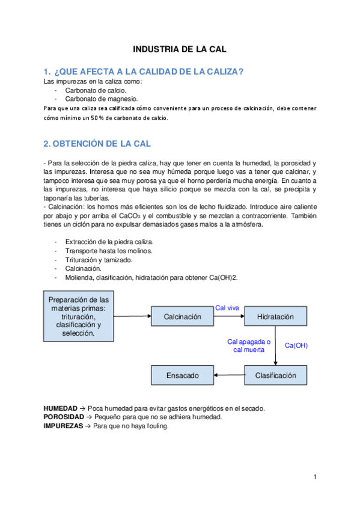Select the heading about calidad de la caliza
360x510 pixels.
[144, 72]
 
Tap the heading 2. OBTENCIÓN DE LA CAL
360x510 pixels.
[97, 144]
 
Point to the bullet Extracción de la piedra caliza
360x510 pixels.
[105, 242]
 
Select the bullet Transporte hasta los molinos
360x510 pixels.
[109, 251]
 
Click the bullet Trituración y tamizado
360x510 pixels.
[99, 260]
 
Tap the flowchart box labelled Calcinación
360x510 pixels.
[182, 316]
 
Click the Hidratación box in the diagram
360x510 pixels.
[275, 316]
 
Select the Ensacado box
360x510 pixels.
[182, 375]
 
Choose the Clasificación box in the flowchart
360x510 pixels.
[275, 375]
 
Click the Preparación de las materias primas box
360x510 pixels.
[78, 316]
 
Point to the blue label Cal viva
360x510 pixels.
[227, 308]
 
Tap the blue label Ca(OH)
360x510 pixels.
[296, 345]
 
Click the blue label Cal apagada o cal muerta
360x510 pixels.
[249, 345]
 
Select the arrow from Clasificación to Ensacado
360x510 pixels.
[229, 375]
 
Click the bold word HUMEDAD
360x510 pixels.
[60, 408]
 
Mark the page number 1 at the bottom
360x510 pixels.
[314, 477]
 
